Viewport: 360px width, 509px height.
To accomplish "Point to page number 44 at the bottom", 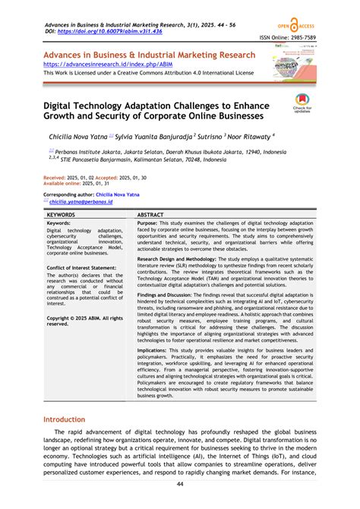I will (x=180, y=485).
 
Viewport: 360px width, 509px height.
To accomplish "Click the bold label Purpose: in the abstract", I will (x=148, y=224).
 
